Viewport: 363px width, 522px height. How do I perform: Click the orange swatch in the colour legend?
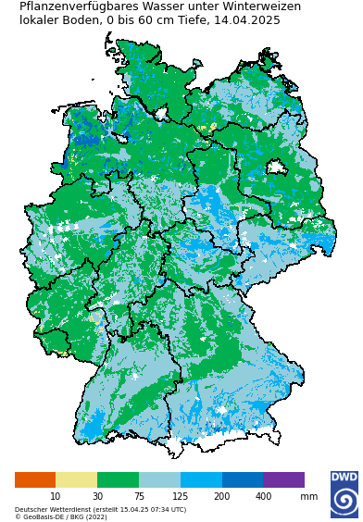(35, 479)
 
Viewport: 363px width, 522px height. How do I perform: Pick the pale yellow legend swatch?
(76, 479)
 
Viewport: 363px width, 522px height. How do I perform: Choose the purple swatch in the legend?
(283, 479)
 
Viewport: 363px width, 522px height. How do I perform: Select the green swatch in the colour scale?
(118, 479)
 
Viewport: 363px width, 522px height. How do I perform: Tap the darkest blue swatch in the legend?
(242, 479)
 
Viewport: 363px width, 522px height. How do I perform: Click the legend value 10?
(56, 497)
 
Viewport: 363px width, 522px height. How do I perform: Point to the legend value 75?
(139, 497)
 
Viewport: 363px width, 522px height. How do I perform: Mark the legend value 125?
(180, 497)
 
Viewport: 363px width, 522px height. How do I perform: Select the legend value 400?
(263, 497)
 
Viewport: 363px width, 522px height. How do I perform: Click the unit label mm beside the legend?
(308, 497)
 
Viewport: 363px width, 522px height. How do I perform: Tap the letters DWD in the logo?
(344, 478)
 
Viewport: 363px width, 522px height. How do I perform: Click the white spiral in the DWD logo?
(344, 501)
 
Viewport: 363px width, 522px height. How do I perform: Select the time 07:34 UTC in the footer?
(167, 509)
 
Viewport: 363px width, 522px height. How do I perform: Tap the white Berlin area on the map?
(275, 168)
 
